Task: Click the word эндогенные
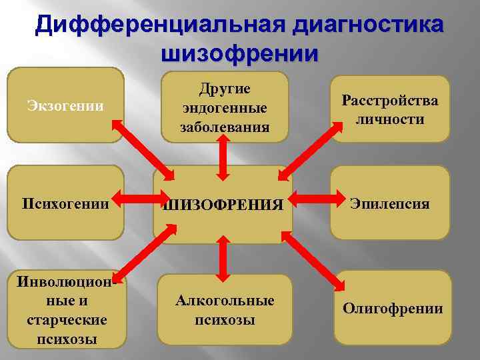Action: tap(224, 108)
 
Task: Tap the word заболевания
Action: tap(224, 126)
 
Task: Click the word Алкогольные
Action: tap(225, 300)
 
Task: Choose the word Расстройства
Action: tap(390, 101)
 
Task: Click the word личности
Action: tap(390, 119)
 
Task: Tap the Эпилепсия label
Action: tap(391, 203)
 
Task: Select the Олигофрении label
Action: tap(393, 308)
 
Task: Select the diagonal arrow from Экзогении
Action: tap(143, 150)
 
